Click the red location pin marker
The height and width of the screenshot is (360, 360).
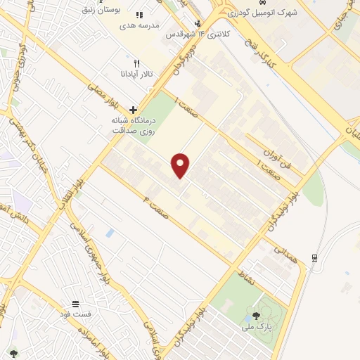[181, 165]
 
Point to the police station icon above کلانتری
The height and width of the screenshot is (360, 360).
[198, 23]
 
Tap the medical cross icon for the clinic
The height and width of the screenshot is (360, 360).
[132, 110]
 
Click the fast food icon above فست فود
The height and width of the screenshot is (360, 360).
[76, 303]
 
